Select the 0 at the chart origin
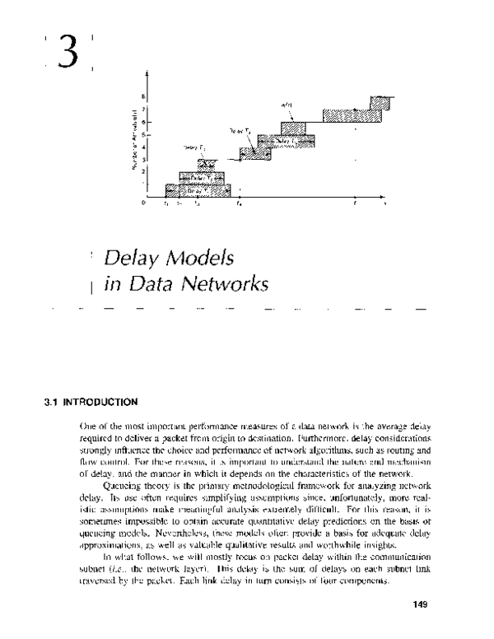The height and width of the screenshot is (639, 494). pos(144,202)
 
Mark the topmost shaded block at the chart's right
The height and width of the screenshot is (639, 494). pos(380,101)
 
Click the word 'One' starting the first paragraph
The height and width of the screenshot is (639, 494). pos(88,428)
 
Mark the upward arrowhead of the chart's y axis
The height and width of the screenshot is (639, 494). pos(147,74)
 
